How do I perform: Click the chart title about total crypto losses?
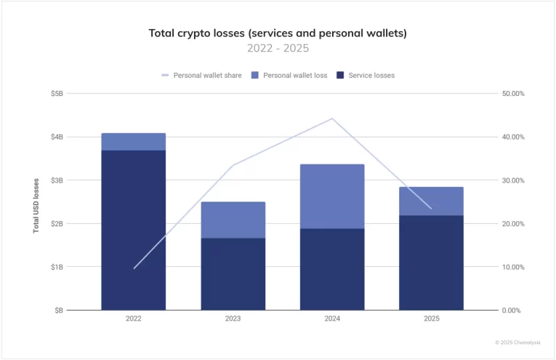[278, 33]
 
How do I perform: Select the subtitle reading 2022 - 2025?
[278, 49]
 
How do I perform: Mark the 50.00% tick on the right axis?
[513, 94]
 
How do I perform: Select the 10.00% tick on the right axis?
[513, 267]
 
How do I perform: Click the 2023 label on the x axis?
[233, 319]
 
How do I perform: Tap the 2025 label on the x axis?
[431, 319]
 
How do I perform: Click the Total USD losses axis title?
[36, 207]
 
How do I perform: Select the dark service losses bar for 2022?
[134, 230]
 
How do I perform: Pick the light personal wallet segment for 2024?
[332, 196]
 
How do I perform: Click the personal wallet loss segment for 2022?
[134, 142]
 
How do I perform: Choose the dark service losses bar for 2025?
[431, 263]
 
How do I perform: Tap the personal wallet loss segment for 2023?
[233, 220]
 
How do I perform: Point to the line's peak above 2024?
[332, 119]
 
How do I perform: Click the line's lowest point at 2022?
[134, 268]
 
